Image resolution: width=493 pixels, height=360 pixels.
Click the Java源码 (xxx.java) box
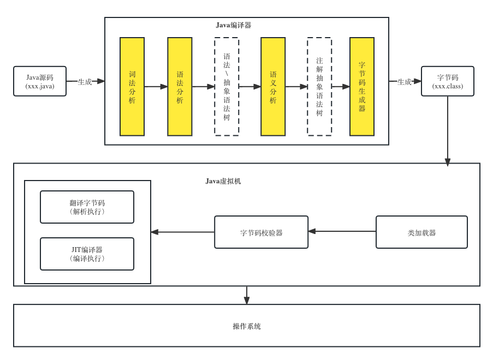[x=40, y=81]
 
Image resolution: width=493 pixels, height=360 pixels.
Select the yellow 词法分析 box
[x=132, y=87]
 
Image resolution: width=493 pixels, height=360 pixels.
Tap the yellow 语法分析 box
[x=180, y=87]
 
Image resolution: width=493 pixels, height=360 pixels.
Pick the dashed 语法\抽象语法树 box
[x=227, y=87]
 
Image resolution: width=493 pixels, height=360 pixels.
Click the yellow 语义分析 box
[x=273, y=87]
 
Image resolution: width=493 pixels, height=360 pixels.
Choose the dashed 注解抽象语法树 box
[x=319, y=87]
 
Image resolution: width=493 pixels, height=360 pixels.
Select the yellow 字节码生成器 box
[x=362, y=87]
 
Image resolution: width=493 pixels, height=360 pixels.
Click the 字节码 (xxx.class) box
[x=448, y=81]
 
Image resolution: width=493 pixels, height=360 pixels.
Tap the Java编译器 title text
[x=234, y=25]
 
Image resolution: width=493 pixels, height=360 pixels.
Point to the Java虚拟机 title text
[x=223, y=181]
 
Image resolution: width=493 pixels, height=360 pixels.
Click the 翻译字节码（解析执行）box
[x=87, y=207]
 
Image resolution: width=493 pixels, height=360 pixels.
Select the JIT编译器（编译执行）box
[x=87, y=254]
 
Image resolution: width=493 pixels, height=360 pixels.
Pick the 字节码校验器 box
[x=262, y=232]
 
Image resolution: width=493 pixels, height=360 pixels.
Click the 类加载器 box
[x=421, y=232]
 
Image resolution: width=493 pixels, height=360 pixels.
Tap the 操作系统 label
[x=247, y=326]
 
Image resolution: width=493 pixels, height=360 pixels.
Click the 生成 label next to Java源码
[x=85, y=82]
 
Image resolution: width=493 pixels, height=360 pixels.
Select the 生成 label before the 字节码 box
[x=404, y=82]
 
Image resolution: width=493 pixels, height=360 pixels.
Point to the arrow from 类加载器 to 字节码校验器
[x=342, y=231]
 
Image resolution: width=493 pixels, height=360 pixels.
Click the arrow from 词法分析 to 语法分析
[x=156, y=86]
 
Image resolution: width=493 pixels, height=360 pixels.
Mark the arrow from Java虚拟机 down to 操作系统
[x=247, y=295]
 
